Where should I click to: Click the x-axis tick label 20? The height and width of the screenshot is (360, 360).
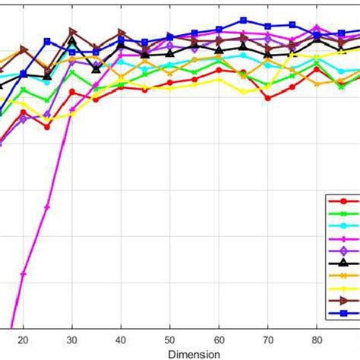tap(23, 340)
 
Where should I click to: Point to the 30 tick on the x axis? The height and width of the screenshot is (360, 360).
tap(72, 340)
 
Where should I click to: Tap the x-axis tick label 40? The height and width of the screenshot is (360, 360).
tap(121, 340)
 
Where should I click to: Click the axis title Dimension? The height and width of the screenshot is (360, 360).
tap(194, 353)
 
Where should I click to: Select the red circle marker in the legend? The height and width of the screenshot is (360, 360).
tap(343, 201)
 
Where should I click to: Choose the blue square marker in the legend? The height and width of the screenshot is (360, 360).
tap(343, 313)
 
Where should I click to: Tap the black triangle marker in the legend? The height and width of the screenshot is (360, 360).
tap(343, 263)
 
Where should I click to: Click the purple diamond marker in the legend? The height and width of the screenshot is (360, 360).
tap(343, 251)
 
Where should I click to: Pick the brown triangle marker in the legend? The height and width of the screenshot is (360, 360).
tap(343, 301)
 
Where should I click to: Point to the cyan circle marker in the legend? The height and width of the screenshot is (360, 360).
tap(343, 226)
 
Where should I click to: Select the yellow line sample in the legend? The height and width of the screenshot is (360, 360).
tap(343, 288)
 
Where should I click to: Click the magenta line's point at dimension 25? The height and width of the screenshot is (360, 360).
tap(48, 207)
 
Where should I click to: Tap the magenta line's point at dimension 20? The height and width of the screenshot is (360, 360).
tap(23, 274)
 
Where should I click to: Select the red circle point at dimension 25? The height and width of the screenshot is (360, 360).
tap(47, 127)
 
